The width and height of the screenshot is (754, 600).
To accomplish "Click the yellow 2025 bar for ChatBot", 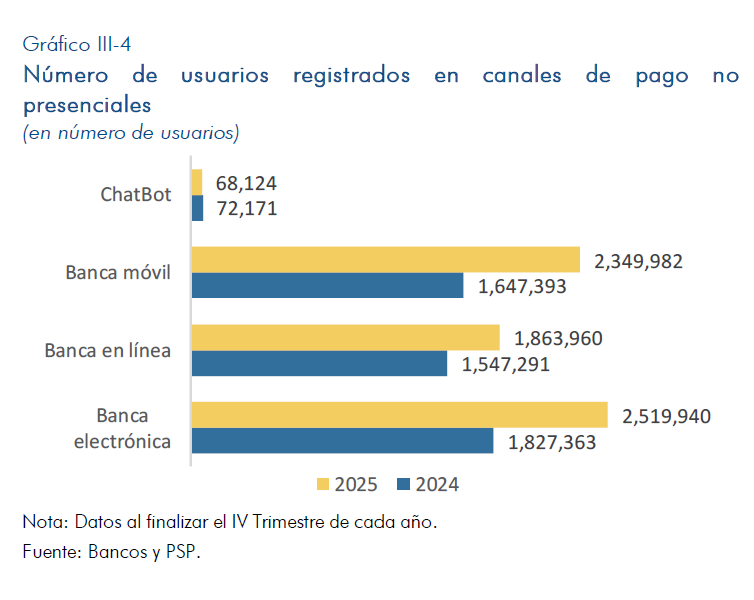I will [197, 182].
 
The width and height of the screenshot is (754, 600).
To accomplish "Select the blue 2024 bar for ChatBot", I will [197, 208].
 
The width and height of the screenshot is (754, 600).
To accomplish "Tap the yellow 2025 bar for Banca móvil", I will [386, 260].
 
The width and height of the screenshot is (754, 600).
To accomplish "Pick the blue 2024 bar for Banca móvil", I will [328, 286].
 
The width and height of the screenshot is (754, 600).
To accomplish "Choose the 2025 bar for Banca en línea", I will [346, 337].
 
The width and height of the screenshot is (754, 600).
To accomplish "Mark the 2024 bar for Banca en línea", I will [319, 363].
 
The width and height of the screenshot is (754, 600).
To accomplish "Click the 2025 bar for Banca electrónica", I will [400, 415].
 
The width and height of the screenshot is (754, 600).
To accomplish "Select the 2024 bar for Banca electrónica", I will [342, 441].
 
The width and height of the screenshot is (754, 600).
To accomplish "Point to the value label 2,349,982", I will [638, 261].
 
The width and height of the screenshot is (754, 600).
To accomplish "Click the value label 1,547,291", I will [506, 364].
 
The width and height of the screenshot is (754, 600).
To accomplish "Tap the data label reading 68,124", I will [246, 183].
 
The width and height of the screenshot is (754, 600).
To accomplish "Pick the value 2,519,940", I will [666, 416].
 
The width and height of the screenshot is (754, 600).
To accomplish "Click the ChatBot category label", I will [136, 195].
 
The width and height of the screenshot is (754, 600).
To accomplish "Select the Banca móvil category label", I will [119, 272].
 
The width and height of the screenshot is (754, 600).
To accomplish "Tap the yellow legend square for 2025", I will [323, 484].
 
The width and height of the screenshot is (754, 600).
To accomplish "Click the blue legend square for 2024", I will [404, 484].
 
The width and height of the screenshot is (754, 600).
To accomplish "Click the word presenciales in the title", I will [87, 104].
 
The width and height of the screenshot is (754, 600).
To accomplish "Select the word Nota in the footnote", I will [41, 523].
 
